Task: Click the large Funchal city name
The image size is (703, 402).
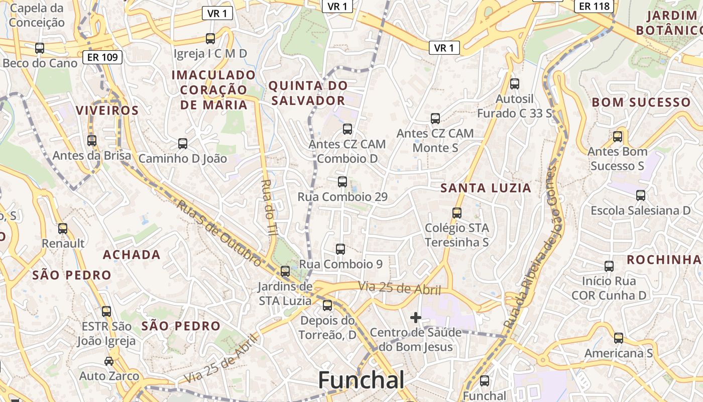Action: (x=361, y=380)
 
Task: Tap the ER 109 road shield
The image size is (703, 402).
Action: (x=102, y=57)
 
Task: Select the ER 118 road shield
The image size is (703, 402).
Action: (x=594, y=6)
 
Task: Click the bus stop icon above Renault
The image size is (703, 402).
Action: (x=63, y=228)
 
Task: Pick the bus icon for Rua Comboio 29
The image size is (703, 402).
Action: (x=342, y=181)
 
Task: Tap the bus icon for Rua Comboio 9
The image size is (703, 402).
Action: (x=340, y=249)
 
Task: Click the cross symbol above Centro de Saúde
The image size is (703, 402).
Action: (x=415, y=318)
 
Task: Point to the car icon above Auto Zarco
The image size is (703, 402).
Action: (x=108, y=361)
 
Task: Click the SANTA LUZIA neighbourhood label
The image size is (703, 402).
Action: (x=486, y=188)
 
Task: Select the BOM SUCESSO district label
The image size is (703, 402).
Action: (x=641, y=103)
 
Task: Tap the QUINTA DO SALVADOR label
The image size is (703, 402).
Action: (x=308, y=93)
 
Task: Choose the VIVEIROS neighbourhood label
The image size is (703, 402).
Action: (x=107, y=111)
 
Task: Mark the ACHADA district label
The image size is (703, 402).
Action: (x=132, y=255)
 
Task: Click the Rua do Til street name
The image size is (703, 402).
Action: (x=270, y=208)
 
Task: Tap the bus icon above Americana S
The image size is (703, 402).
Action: (x=619, y=338)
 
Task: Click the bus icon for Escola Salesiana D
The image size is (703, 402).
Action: (x=641, y=195)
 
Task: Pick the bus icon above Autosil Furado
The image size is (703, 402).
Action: (x=515, y=83)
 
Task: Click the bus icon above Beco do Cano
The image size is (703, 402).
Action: (x=40, y=48)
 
